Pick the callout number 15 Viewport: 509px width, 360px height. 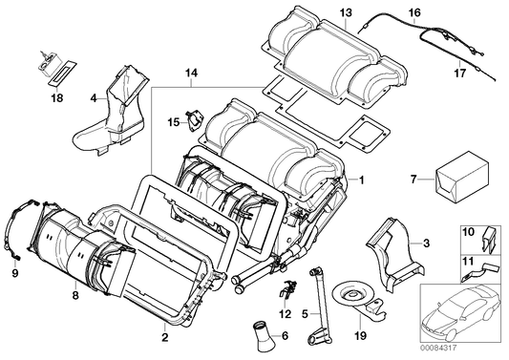pos(173,121)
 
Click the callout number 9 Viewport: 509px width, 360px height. pos(14,273)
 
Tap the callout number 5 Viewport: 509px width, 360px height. pos(305,313)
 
